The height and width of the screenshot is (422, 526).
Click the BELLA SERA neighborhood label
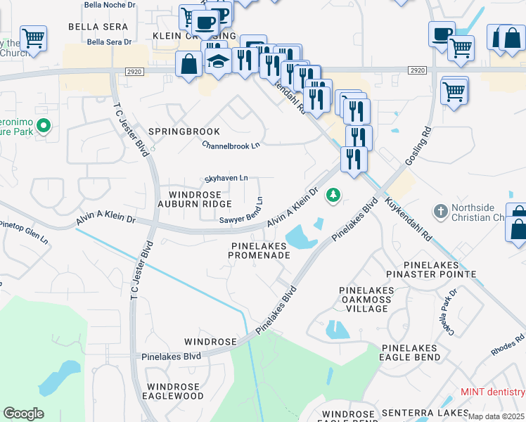[x=98, y=27]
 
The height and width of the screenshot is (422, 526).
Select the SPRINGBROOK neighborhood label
[x=184, y=132]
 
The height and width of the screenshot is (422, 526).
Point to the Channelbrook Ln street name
[x=231, y=145]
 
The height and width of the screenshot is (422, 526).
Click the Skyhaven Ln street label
[x=226, y=179]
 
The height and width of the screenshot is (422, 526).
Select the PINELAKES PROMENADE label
[x=259, y=250]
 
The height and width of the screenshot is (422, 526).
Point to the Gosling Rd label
[x=416, y=146]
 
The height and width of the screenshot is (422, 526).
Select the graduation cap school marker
[x=218, y=61]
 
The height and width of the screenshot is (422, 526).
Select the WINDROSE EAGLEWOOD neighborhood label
[x=175, y=392]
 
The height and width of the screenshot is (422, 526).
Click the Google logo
[x=23, y=414]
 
